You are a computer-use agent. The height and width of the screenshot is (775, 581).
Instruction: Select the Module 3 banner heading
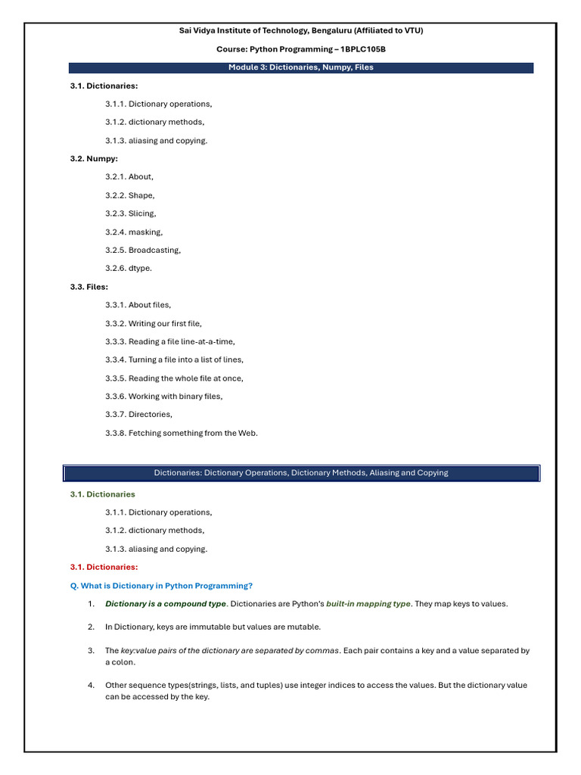pos(301,67)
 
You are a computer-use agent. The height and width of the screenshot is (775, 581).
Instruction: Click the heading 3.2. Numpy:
pos(94,158)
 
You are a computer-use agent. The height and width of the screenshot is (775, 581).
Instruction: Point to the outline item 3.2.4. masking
pos(134,232)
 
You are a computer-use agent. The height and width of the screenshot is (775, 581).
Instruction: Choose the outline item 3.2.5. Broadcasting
pos(143,250)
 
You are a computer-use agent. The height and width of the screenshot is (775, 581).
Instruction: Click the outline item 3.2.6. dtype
pos(129,268)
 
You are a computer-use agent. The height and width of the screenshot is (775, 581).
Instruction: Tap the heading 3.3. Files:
pos(89,287)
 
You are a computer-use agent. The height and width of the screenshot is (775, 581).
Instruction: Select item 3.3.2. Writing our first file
pos(154,323)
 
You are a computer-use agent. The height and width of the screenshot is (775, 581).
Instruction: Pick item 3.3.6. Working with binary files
pos(164,396)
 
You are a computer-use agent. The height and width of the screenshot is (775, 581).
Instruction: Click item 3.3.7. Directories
pos(139,414)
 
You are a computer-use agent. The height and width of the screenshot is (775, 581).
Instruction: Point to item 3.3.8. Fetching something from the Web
pos(182,433)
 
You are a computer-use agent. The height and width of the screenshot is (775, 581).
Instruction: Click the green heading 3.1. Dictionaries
pos(103,494)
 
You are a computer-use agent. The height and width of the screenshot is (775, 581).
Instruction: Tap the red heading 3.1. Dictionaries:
pos(104,567)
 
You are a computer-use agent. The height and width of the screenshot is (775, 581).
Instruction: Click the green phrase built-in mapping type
pos(368,604)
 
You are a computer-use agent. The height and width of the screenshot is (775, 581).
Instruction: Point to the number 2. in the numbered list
pos(91,627)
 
